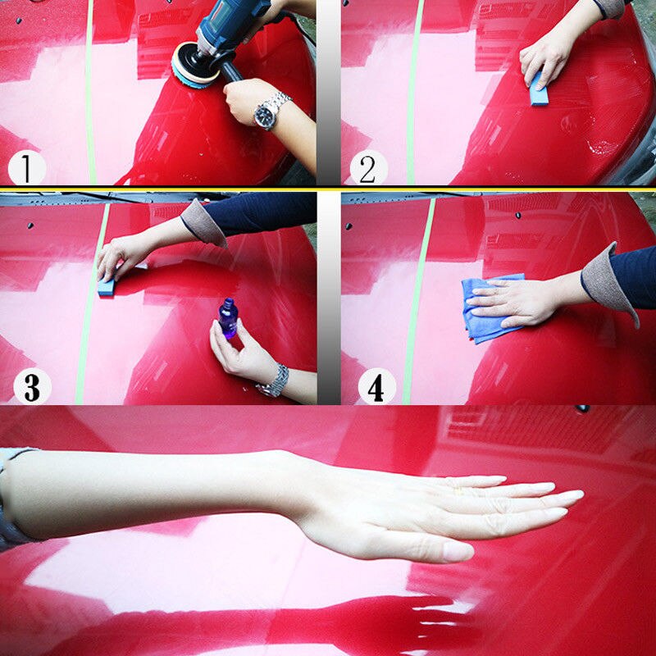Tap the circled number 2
coord(368,168)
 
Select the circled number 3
coord(32,386)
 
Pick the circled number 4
coord(376,387)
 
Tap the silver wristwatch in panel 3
coord(275,380)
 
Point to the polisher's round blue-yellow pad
coord(194,63)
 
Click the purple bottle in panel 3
coord(227,318)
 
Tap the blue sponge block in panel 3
coord(107,286)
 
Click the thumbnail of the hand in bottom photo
coord(458,550)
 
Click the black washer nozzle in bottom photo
coord(583,408)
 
